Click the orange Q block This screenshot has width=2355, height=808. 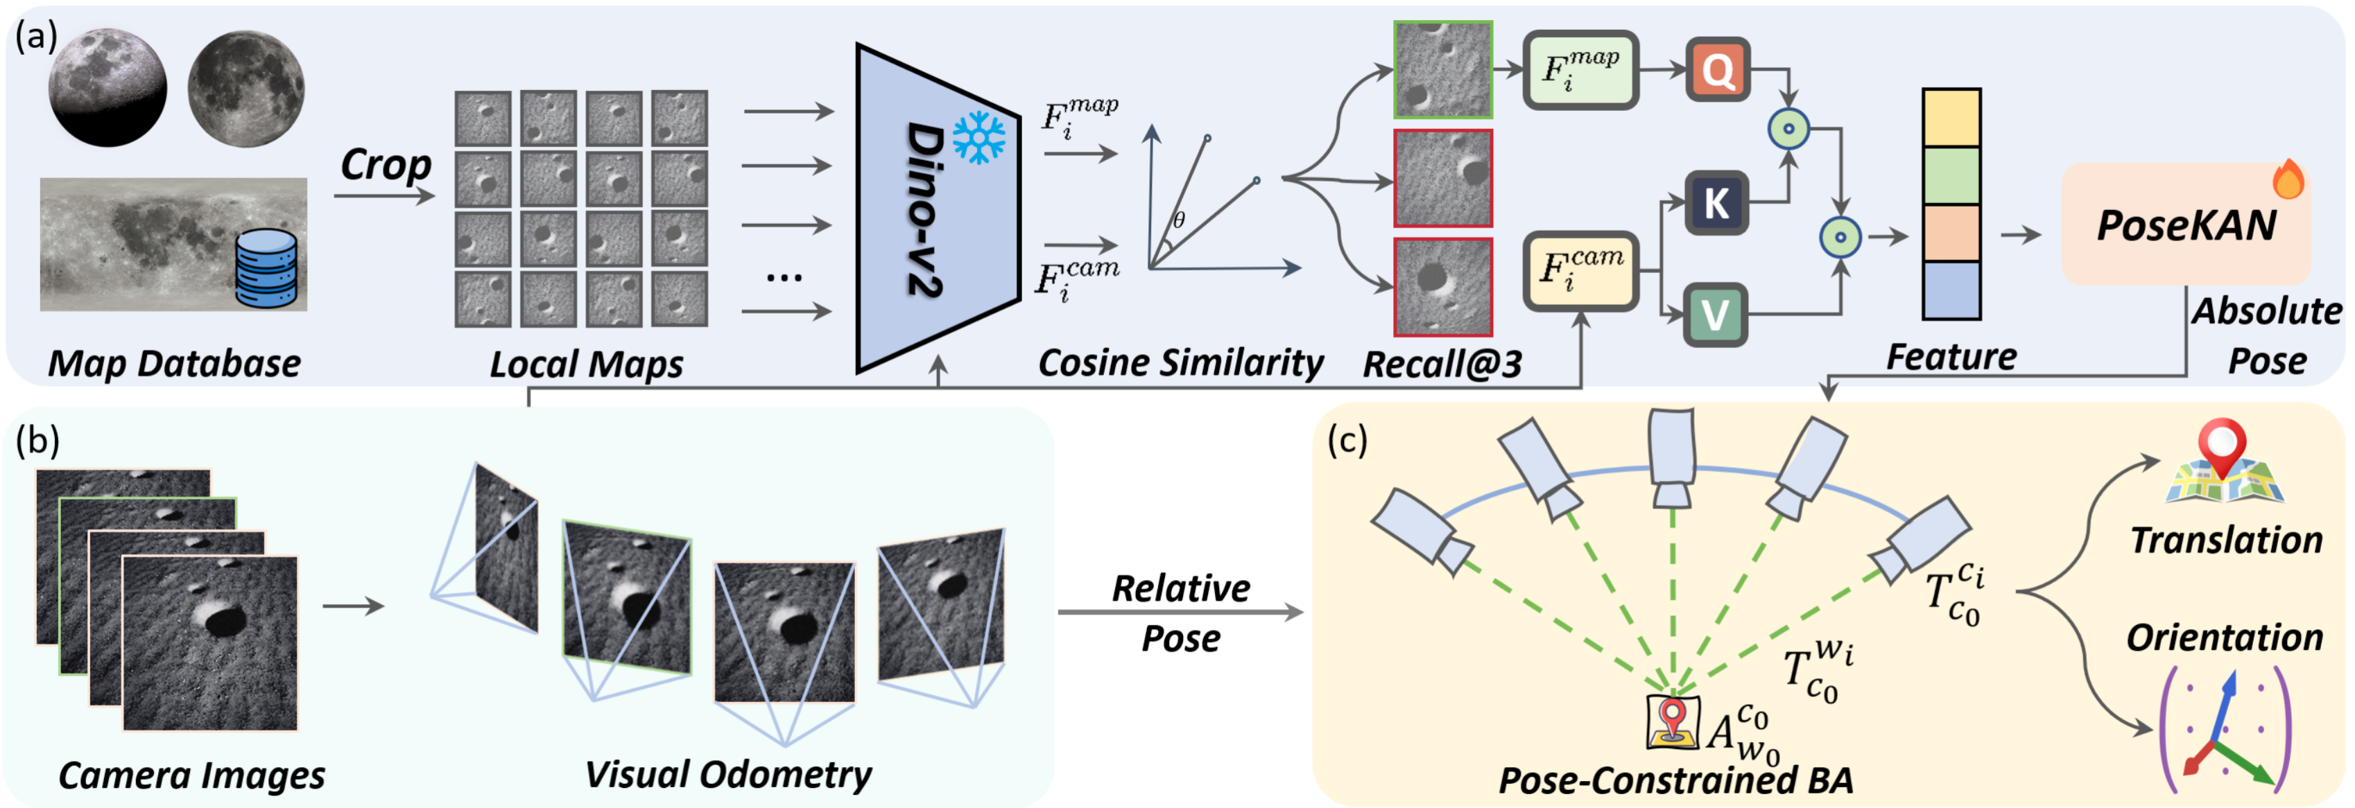pyautogui.click(x=1718, y=69)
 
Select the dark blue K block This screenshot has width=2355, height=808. pyautogui.click(x=1716, y=202)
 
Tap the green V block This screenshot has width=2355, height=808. pyautogui.click(x=1715, y=315)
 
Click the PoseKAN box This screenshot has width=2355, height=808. pyautogui.click(x=2185, y=225)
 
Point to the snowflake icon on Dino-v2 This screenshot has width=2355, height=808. pyautogui.click(x=978, y=138)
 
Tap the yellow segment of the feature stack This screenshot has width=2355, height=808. pyautogui.click(x=1951, y=118)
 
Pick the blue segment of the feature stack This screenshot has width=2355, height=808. pyautogui.click(x=1951, y=290)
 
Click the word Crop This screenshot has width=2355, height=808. pyautogui.click(x=385, y=164)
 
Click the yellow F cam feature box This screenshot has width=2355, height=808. pyautogui.click(x=1580, y=270)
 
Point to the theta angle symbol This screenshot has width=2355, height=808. pyautogui.click(x=1180, y=220)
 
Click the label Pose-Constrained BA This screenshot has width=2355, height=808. pyautogui.click(x=1675, y=780)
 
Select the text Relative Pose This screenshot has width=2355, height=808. pyautogui.click(x=1180, y=613)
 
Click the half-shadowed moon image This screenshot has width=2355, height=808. pyautogui.click(x=108, y=88)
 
